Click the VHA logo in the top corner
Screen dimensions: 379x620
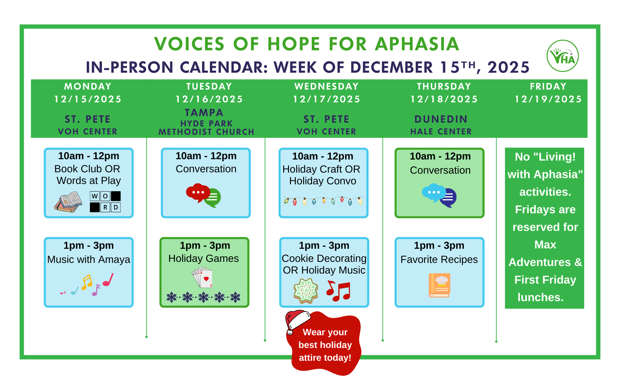(562, 56)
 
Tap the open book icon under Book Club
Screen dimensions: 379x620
(68, 202)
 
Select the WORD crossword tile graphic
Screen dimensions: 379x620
(105, 202)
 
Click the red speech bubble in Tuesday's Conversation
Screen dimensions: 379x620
(197, 192)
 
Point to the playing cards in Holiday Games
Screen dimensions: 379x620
(202, 278)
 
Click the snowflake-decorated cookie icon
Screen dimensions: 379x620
(306, 290)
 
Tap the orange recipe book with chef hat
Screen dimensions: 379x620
(440, 285)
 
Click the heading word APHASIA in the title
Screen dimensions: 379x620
(417, 44)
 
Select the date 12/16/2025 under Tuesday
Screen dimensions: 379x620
(209, 99)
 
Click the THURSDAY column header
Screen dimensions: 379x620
(444, 86)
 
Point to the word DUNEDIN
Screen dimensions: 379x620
(441, 119)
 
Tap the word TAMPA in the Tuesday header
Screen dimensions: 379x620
(204, 113)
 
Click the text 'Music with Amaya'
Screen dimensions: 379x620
(89, 259)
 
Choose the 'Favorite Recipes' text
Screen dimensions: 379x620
(439, 259)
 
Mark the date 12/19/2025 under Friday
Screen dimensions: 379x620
(548, 99)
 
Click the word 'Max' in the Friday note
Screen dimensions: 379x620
(545, 245)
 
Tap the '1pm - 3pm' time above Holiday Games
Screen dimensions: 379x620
(205, 245)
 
